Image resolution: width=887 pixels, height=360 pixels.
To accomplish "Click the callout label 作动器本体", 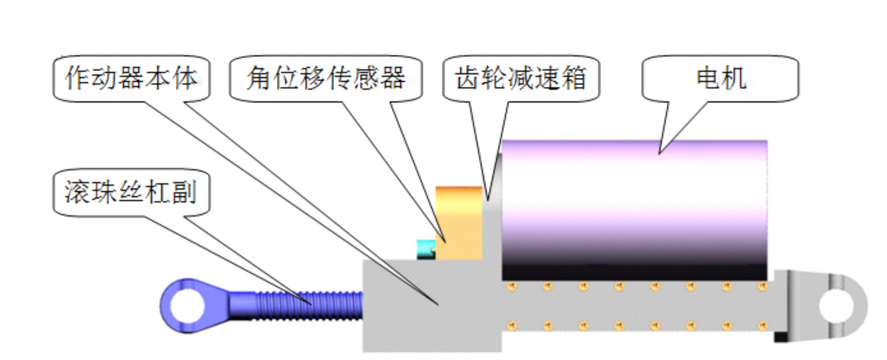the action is [x=131, y=78].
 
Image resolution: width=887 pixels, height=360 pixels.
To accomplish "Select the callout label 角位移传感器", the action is [x=326, y=78].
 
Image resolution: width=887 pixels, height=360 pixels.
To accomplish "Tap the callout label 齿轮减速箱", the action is [x=521, y=78].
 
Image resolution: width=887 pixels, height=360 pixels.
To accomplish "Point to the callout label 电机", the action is [x=721, y=78].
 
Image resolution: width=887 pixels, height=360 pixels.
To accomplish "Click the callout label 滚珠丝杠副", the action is [x=131, y=192].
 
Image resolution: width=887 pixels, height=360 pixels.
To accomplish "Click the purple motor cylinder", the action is [x=634, y=210].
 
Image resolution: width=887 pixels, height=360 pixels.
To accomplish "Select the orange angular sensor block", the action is [x=459, y=223].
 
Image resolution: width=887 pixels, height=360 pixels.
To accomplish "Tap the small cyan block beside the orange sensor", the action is [x=426, y=249].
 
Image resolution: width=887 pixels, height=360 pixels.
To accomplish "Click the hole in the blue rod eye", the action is [x=187, y=306].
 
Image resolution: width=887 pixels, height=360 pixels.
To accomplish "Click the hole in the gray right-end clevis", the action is [x=836, y=306].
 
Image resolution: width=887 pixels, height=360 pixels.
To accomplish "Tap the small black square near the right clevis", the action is [x=781, y=337].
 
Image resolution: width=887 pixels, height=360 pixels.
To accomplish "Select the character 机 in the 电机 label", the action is [x=734, y=78].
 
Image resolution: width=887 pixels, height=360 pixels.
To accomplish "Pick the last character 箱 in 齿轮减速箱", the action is [x=574, y=78].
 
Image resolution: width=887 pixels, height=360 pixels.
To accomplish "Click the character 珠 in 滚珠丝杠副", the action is [x=105, y=192].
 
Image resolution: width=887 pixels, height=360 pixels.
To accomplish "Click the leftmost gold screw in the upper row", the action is [x=512, y=286].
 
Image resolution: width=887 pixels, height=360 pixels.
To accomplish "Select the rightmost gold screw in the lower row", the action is [x=762, y=326].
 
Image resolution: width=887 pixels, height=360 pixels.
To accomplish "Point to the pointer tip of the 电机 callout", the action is [x=659, y=154].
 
